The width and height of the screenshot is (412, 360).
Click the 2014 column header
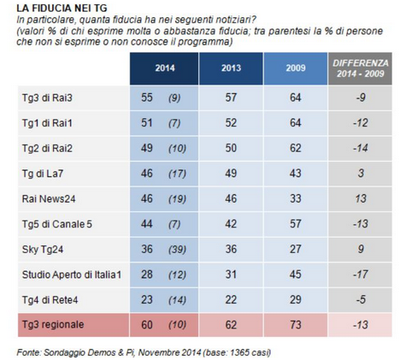165,68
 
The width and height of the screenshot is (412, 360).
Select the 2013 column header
231,68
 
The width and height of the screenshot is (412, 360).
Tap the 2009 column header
296,68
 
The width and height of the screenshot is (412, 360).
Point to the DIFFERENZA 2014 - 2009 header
361,68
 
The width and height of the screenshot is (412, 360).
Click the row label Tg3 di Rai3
47,97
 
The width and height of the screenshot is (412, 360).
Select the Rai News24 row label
49,198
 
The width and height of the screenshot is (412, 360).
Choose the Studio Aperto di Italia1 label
72,274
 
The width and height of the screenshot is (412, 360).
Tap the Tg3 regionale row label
53,324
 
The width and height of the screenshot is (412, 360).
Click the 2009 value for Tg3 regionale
296,325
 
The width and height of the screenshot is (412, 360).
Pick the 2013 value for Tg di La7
231,174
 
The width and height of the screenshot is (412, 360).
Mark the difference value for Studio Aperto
361,274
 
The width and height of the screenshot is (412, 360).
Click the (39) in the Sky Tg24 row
177,250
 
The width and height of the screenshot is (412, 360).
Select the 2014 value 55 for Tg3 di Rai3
147,97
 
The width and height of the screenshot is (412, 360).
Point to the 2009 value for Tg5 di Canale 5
296,224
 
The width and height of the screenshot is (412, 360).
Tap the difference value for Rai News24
361,198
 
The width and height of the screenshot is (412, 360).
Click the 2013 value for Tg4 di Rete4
231,299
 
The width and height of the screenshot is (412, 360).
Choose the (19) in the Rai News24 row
177,199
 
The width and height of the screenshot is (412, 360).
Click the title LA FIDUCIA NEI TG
62,9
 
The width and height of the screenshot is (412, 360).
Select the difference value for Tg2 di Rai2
361,148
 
